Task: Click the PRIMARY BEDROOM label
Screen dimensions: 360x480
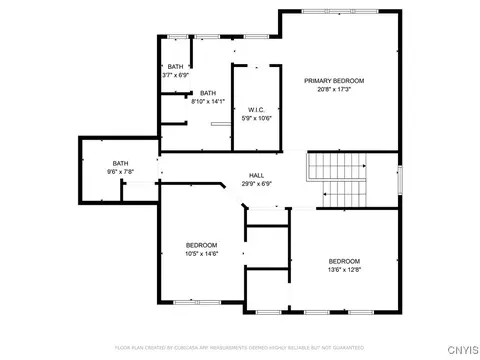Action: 334,80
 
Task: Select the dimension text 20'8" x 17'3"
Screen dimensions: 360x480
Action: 334,89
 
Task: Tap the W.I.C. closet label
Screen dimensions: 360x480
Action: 256,108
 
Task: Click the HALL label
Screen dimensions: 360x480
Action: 256,174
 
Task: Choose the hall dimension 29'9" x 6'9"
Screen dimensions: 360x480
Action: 256,183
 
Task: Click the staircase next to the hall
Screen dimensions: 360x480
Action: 337,180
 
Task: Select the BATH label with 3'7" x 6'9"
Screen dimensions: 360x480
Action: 176,66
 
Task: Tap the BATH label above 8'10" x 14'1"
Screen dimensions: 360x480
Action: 208,92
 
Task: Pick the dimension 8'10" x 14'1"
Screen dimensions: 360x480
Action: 209,101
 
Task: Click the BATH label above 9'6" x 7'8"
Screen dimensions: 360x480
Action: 120,163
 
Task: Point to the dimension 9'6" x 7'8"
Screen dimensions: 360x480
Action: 120,172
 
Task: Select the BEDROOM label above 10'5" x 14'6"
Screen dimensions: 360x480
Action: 201,245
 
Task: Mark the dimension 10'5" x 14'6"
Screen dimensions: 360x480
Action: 201,254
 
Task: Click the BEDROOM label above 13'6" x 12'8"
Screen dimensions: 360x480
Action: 344,261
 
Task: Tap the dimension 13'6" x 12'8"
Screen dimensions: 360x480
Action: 344,270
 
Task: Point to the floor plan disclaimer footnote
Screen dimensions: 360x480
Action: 240,347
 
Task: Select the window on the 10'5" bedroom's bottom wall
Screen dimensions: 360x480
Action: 191,301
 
